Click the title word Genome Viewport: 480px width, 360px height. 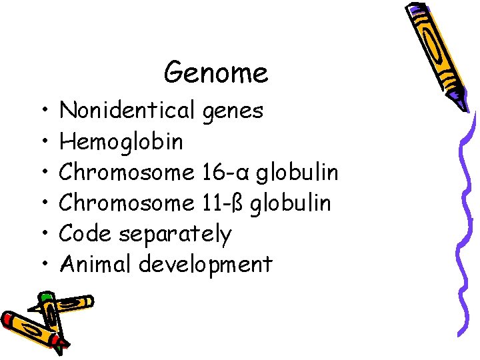click(x=216, y=72)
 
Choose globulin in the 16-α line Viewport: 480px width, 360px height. click(x=297, y=172)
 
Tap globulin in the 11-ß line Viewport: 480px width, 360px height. click(x=291, y=203)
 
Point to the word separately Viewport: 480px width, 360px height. click(x=175, y=235)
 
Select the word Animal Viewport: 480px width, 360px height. click(x=96, y=264)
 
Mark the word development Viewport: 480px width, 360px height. click(x=205, y=265)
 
